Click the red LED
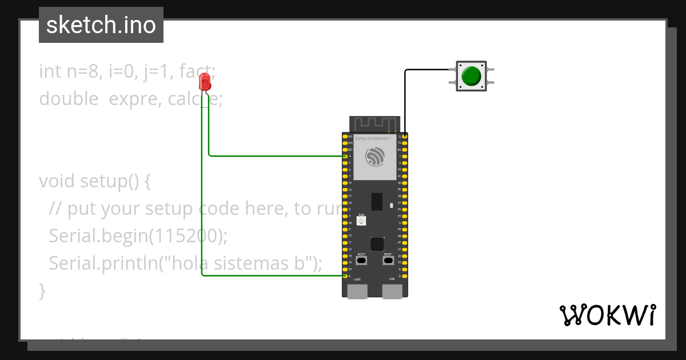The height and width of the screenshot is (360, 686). (x=205, y=83)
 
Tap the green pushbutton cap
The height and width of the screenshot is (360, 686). (x=471, y=76)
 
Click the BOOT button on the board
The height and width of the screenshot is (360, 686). (x=361, y=261)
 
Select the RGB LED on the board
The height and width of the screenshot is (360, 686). (x=361, y=221)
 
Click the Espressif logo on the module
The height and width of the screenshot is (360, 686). (x=375, y=157)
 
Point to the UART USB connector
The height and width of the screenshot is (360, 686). (x=357, y=291)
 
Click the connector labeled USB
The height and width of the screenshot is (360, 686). (x=392, y=291)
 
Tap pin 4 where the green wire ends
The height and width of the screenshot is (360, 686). (x=345, y=156)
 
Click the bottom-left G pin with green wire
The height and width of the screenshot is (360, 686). (x=345, y=275)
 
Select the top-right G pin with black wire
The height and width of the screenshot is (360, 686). (x=405, y=136)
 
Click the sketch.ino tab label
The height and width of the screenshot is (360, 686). (x=101, y=25)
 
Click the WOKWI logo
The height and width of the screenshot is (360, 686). (x=607, y=315)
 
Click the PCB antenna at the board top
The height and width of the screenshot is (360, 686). (x=375, y=124)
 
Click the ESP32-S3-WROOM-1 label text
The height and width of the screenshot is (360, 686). (x=373, y=139)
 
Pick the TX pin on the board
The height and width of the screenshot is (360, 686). (x=405, y=143)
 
